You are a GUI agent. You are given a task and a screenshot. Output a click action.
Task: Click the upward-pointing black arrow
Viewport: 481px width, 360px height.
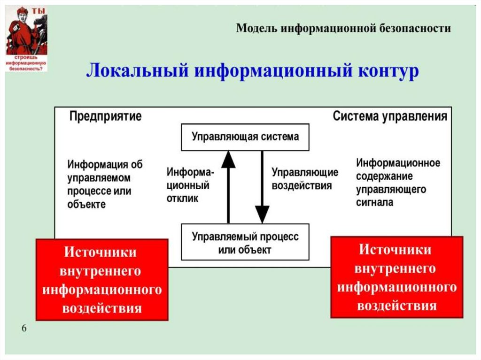[x=228, y=185]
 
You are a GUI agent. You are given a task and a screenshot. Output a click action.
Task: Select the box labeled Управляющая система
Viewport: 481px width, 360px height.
[x=245, y=137]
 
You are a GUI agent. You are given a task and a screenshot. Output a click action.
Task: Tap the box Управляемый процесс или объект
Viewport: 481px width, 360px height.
[x=245, y=243]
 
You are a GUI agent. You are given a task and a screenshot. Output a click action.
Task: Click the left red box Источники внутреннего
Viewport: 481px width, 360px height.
[x=102, y=280]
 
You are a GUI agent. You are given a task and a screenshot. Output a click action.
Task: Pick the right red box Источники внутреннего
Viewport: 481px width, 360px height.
[x=396, y=277]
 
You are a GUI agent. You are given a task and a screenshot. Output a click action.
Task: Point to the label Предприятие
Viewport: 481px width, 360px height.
[x=105, y=116]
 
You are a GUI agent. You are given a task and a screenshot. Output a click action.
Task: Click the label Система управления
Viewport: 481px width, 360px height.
[x=390, y=116]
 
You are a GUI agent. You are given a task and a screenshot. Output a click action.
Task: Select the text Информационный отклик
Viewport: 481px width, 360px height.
[x=190, y=185]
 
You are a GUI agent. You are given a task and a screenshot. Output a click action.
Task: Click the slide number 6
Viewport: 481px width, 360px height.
[x=23, y=328]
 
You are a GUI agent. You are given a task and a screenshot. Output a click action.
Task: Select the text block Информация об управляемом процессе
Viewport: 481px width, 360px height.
[x=104, y=184]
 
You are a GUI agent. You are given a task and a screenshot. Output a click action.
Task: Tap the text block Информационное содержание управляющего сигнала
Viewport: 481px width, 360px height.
[x=398, y=183]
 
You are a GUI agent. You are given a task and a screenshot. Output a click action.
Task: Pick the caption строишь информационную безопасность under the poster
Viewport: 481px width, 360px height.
[x=26, y=63]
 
